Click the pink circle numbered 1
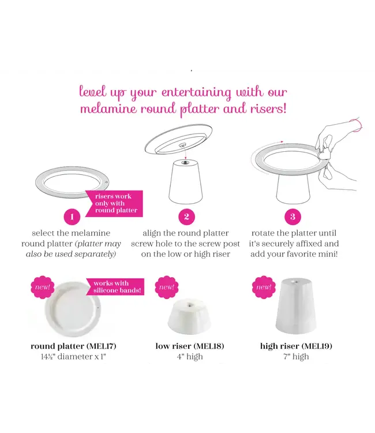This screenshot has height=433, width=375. click(72, 217)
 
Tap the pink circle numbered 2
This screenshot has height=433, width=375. click(186, 217)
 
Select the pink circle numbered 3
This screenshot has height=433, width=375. click(293, 217)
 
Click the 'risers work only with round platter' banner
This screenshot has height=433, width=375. click(115, 203)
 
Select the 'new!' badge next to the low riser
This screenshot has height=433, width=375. click(167, 288)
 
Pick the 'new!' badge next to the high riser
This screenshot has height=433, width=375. click(264, 287)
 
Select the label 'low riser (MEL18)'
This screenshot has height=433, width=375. click(190, 346)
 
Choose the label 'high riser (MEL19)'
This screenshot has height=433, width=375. click(296, 346)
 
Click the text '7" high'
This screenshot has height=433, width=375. click(296, 357)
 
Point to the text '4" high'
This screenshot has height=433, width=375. click(190, 357)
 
